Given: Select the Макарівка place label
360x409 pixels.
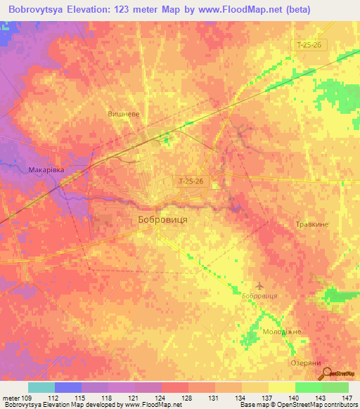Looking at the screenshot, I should [46, 169].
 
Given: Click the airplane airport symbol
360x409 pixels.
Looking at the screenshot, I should [261, 286].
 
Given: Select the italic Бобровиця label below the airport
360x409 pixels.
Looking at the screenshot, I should [259, 296].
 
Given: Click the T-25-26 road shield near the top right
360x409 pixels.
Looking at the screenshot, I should [309, 44].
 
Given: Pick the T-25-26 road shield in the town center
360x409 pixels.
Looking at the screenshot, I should [190, 181].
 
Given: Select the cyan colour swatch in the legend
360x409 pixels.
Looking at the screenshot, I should [41, 387].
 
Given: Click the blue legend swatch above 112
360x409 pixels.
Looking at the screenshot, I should [68, 387].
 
